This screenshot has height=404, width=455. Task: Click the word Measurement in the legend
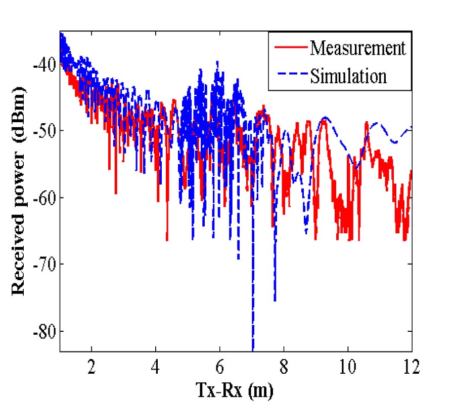pos(358,48)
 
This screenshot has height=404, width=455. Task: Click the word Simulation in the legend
pos(348,76)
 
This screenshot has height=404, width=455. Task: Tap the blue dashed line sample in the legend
pos(290,76)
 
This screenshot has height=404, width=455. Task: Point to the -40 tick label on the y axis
pos(43,64)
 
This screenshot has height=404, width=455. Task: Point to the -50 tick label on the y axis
pos(43,131)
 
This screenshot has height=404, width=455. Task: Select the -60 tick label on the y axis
pos(43,197)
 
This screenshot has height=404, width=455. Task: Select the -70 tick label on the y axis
pos(43,264)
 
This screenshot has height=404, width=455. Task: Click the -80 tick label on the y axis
pos(43,331)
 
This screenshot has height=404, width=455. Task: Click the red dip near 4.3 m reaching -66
pos(167,239)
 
